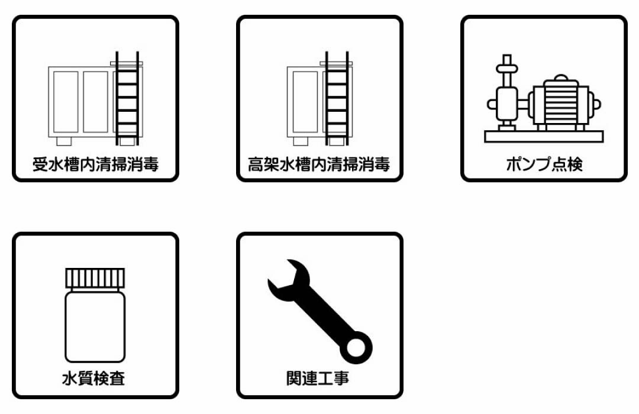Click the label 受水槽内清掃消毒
point(95,164)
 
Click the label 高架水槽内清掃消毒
point(319,164)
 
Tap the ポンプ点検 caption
point(544,164)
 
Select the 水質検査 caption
point(93,378)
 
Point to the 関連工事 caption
point(318,378)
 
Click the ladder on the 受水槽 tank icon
point(127,98)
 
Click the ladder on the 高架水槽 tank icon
point(337,98)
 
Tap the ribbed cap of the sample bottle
point(95,279)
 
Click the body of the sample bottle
point(95,326)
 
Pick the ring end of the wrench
point(356,348)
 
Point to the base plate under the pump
point(544,137)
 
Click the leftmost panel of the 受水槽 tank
point(66,102)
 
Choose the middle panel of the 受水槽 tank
point(96,102)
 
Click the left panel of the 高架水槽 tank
point(305,102)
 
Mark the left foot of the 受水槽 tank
point(64,141)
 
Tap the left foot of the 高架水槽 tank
point(301,141)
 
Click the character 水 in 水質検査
point(70,378)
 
